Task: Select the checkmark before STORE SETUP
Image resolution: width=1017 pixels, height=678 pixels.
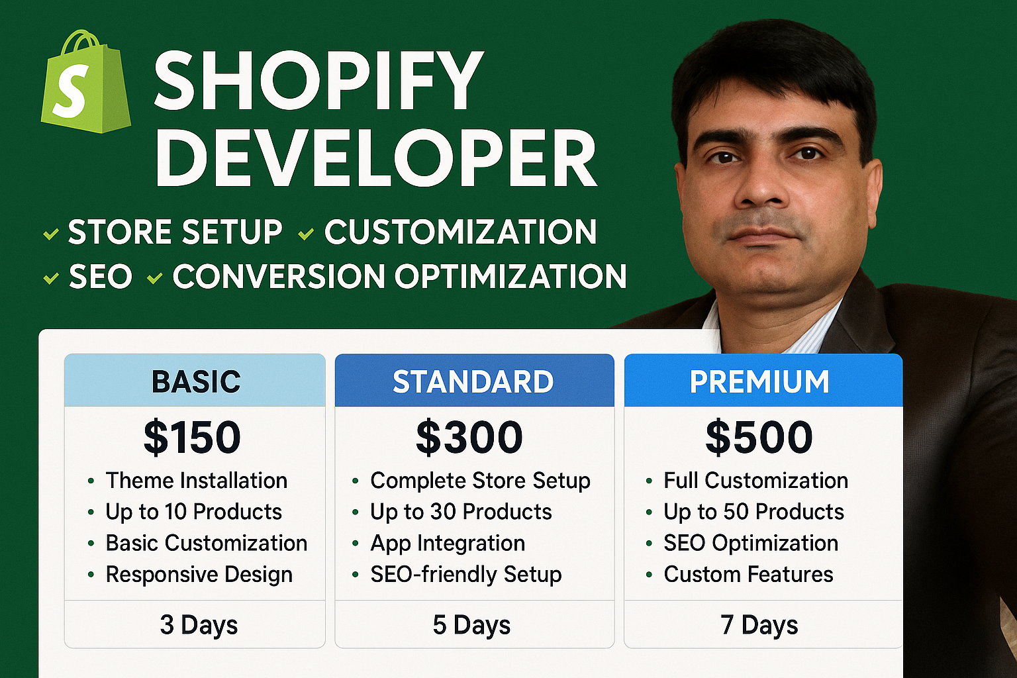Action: click(51, 234)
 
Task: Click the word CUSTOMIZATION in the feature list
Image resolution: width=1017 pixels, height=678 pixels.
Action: click(460, 232)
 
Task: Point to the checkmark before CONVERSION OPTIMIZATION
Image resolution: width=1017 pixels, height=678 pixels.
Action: click(155, 278)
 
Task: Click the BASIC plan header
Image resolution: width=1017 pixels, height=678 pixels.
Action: click(195, 381)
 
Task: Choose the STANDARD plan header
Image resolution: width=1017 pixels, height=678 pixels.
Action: click(475, 381)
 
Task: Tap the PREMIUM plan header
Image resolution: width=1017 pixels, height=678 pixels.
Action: click(763, 381)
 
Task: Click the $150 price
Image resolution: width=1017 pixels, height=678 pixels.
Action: click(192, 437)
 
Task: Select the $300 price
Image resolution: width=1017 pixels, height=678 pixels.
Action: click(469, 437)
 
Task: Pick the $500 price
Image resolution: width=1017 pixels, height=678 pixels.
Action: click(759, 437)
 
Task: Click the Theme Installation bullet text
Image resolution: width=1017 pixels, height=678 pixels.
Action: click(197, 481)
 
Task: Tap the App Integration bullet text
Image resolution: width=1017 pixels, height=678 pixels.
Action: click(448, 544)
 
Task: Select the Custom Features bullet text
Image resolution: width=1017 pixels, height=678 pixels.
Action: click(749, 575)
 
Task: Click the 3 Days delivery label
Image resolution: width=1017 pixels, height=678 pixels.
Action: click(199, 625)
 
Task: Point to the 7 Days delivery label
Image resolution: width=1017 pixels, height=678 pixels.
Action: click(759, 625)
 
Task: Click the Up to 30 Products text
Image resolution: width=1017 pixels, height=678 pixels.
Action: click(461, 512)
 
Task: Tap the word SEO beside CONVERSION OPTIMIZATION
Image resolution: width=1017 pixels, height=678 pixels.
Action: click(101, 276)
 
